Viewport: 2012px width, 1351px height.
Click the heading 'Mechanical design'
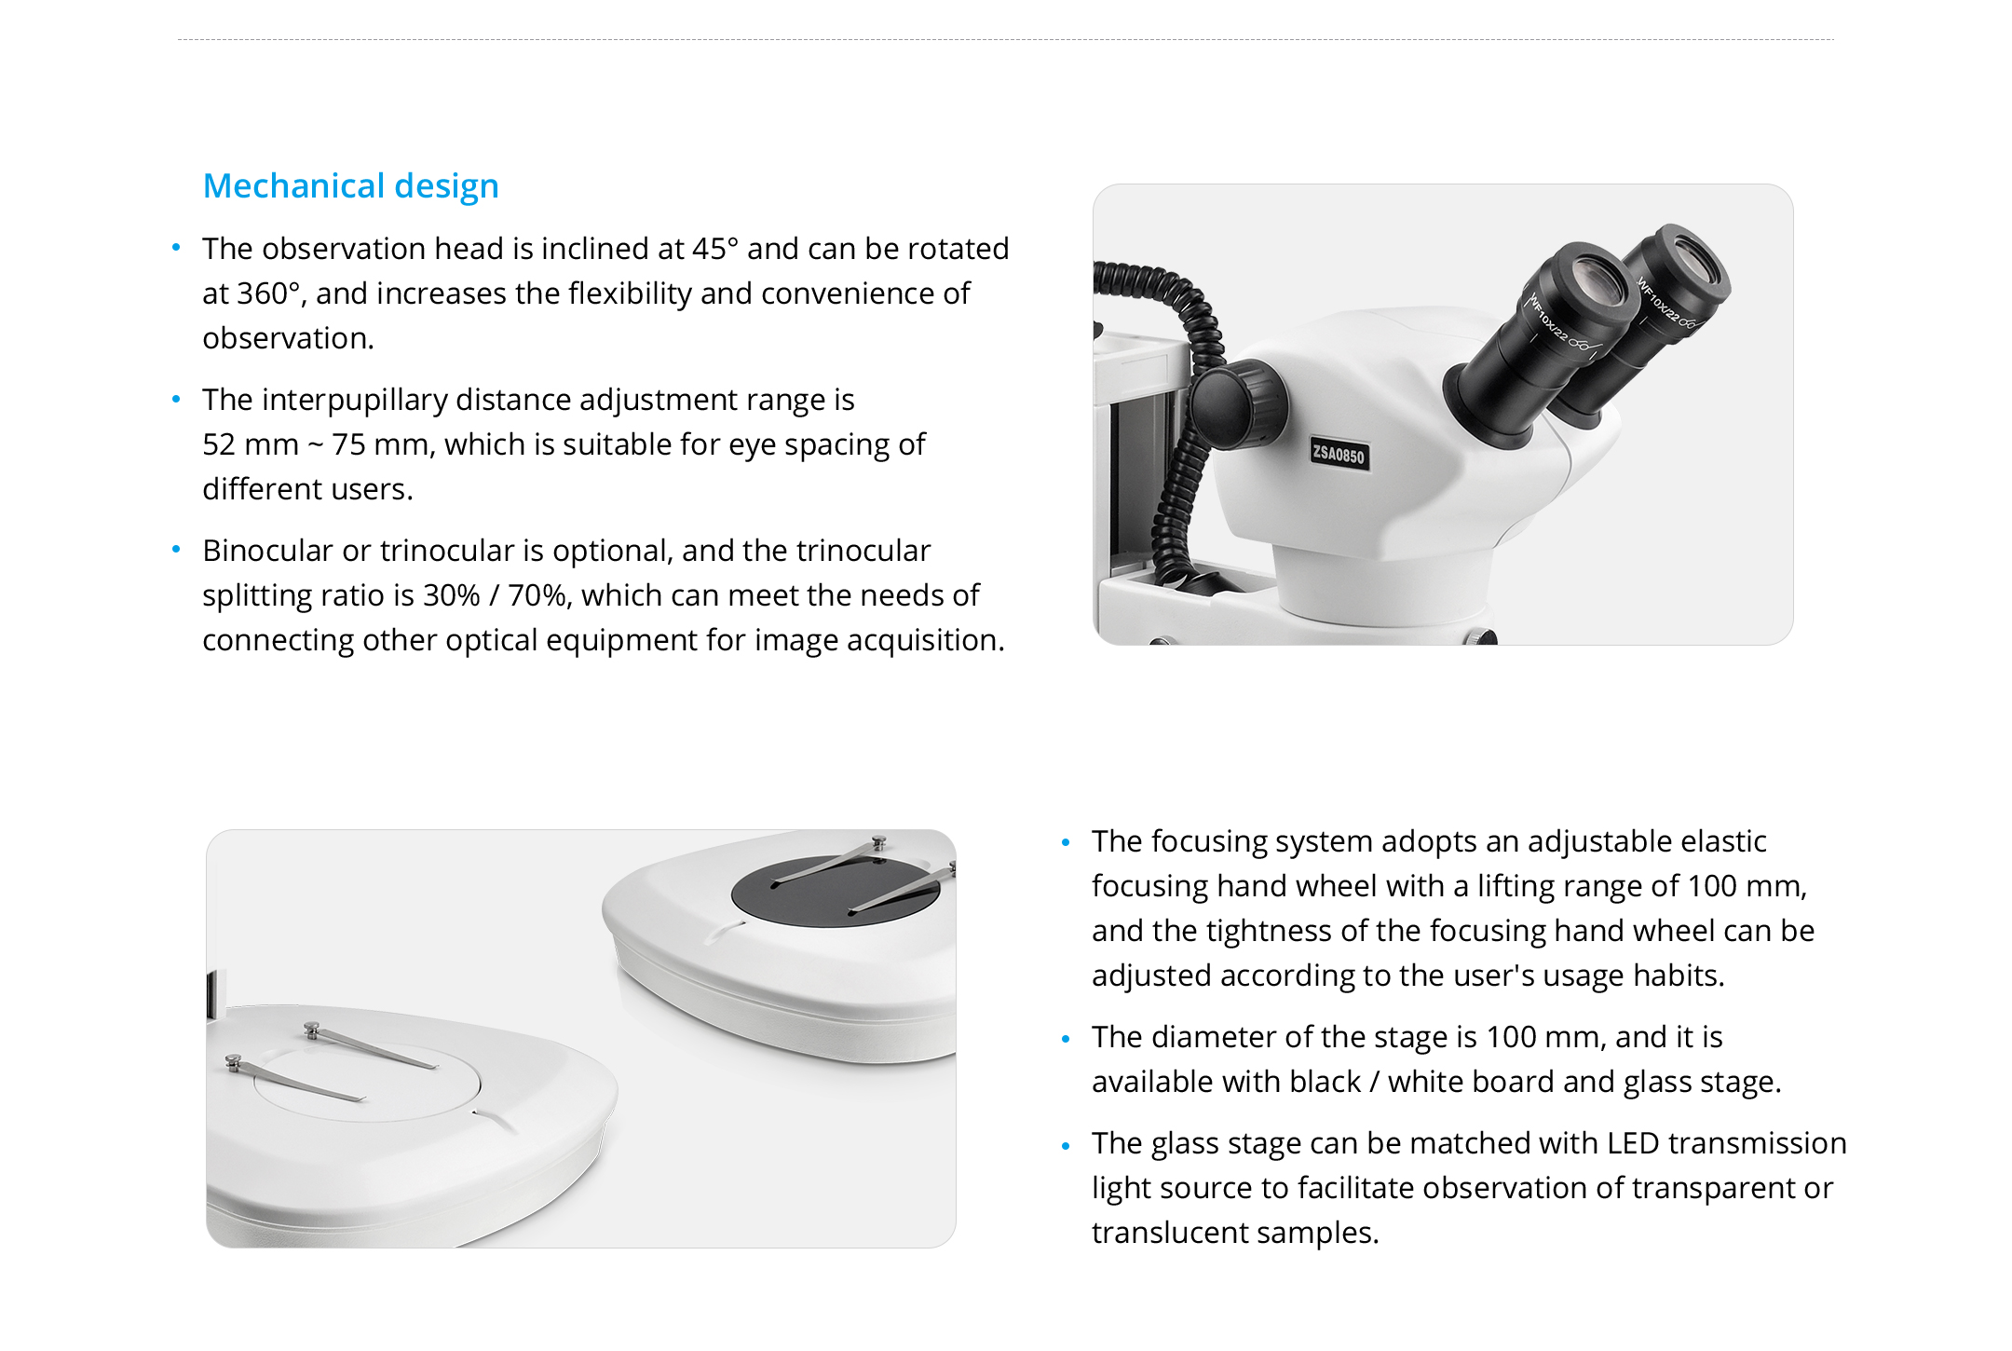[351, 186]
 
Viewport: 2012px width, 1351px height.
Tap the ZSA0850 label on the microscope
[1339, 454]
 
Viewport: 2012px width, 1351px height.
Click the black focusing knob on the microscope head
[1239, 404]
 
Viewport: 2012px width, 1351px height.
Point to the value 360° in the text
[269, 293]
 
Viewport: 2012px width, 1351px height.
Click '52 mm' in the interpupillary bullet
[251, 444]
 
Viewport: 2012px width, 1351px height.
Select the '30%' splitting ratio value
[452, 595]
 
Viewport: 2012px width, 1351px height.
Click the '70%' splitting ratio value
[537, 595]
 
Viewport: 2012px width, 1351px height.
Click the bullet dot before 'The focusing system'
[1066, 842]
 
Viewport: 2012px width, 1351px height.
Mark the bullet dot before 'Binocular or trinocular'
[176, 551]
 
